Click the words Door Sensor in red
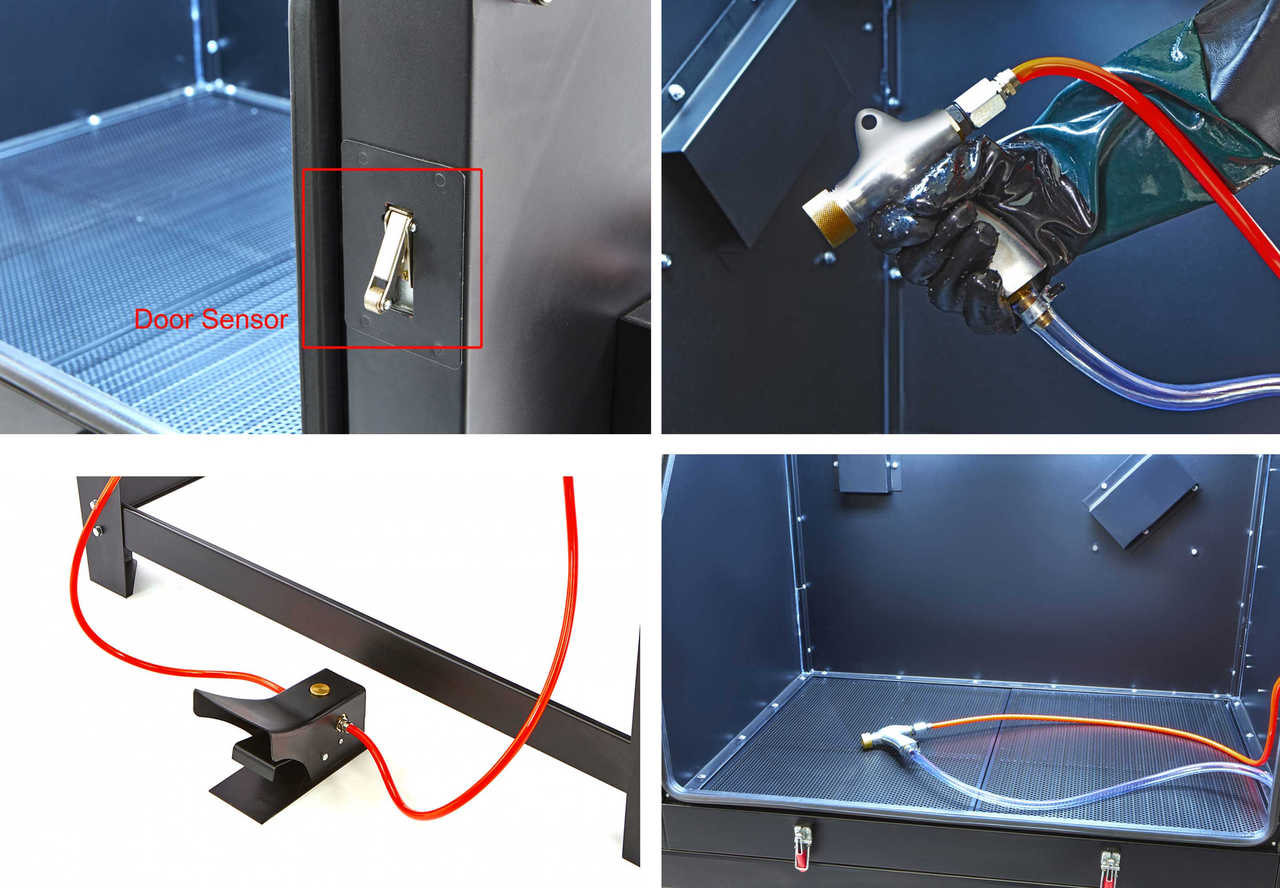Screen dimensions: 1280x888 [x=211, y=319]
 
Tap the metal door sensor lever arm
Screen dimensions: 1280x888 [x=387, y=259]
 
